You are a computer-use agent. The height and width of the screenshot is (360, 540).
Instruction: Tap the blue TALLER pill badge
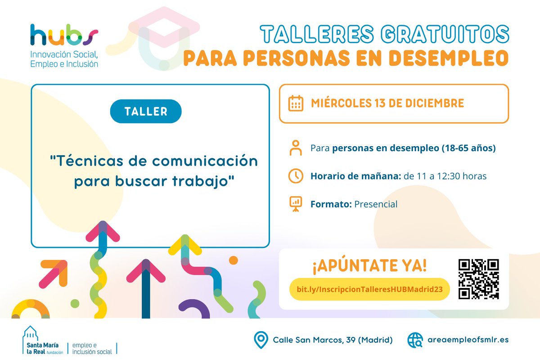[145, 111]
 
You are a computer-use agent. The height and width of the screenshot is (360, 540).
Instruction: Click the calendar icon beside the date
[295, 103]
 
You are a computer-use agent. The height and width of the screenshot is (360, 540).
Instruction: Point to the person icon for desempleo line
[296, 148]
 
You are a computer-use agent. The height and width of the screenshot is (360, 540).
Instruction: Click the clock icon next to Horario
[296, 176]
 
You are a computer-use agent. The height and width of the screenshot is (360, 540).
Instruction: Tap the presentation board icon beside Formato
[296, 204]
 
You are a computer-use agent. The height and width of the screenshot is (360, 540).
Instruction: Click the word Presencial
[376, 204]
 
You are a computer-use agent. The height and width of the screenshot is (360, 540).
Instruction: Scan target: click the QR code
[478, 279]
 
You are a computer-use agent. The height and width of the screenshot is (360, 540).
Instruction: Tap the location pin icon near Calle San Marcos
[261, 340]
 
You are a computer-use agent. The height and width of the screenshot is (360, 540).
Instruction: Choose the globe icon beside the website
[415, 340]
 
